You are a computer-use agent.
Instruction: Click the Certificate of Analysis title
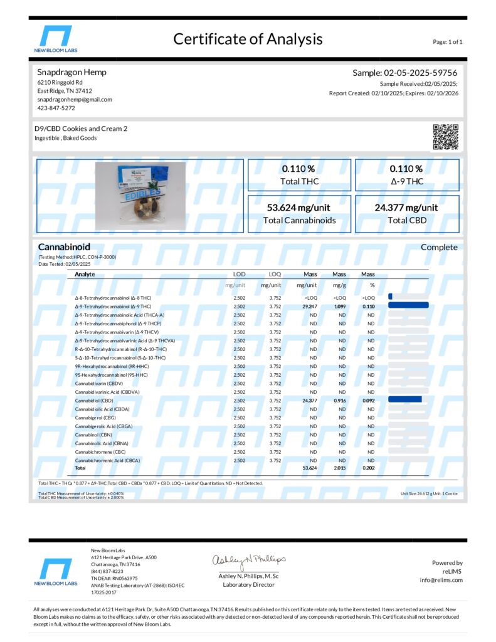(248, 39)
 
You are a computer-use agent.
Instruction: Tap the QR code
(446, 137)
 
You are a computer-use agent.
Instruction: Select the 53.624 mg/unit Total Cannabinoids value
(299, 208)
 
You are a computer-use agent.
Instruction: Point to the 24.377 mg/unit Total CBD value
(406, 208)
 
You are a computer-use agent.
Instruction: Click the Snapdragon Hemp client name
(71, 72)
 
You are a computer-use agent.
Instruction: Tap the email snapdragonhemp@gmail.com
(75, 99)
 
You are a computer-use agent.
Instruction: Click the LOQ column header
(275, 274)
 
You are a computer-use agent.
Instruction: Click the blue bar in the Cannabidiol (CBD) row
(404, 399)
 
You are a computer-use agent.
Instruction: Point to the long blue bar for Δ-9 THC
(408, 305)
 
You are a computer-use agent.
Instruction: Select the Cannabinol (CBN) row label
(94, 434)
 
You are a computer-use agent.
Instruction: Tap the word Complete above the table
(439, 247)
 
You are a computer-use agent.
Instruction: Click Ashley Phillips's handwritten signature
(248, 559)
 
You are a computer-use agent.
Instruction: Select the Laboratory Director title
(248, 584)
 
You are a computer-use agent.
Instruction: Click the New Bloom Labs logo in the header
(56, 39)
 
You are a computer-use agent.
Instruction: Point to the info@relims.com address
(441, 580)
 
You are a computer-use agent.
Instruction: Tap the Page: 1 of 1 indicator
(448, 42)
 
